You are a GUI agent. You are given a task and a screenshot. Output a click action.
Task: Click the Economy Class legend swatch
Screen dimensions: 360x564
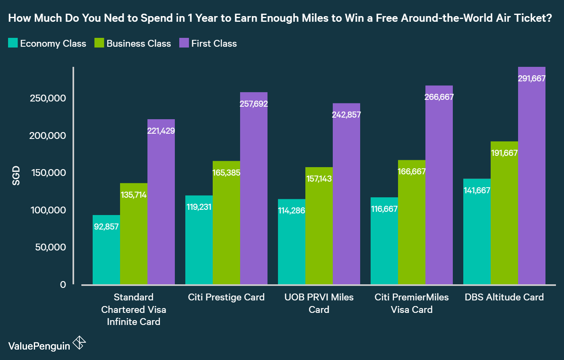pos(13,43)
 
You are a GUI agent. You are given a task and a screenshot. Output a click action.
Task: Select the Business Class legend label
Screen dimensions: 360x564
pos(139,43)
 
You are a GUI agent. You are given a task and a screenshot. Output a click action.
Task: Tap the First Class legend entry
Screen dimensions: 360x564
pos(214,43)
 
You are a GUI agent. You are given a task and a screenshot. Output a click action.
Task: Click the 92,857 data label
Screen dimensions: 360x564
pos(106,226)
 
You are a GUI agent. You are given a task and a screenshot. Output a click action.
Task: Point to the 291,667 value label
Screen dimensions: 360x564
pos(532,79)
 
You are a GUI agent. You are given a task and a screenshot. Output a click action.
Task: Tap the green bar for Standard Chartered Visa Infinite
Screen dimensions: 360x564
pos(134,238)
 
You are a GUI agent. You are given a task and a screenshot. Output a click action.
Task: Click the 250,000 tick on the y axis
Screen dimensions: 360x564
pos(48,98)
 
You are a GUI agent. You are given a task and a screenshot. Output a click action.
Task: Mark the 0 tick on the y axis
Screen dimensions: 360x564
pos(63,285)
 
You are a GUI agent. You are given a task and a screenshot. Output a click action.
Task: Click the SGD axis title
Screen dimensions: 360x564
pos(16,176)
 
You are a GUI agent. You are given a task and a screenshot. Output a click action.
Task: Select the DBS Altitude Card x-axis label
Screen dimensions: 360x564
pos(504,297)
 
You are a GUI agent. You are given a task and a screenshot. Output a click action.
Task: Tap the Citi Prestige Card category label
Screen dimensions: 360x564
pos(226,297)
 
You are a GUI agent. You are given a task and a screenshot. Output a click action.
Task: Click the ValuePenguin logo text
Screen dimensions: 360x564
pos(39,346)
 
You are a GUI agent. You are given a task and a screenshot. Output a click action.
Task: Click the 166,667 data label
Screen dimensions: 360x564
pos(412,172)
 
